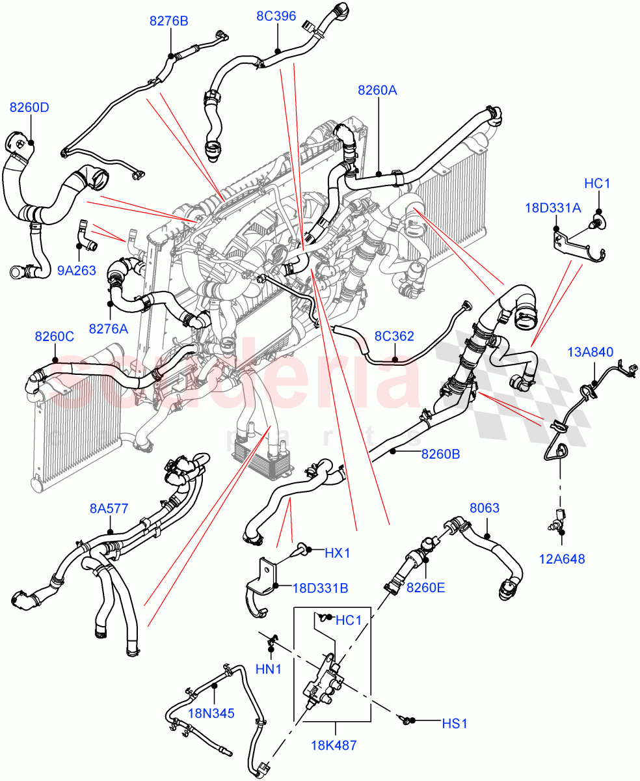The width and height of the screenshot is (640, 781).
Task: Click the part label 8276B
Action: coord(168,21)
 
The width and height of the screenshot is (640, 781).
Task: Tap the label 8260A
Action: coord(377,90)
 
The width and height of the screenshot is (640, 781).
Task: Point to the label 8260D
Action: coord(29,107)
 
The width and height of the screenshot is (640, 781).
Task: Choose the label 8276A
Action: coord(109,329)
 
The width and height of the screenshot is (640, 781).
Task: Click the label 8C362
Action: coord(394,336)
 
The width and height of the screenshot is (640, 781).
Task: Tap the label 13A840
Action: coord(590,352)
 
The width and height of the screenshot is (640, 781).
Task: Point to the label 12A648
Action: coord(561,558)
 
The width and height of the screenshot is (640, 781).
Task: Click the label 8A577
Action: coord(109,508)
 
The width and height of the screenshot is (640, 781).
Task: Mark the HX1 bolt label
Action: coord(338,553)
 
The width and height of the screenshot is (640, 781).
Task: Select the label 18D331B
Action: coord(320,588)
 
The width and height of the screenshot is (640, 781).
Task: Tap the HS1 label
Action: coord(455,723)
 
